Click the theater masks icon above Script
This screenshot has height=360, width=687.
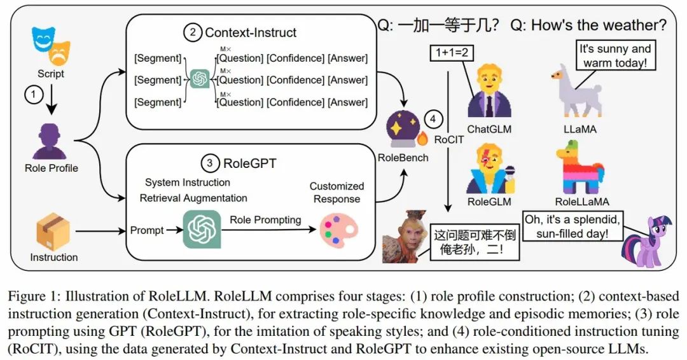(51, 46)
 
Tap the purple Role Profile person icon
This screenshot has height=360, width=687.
(50, 141)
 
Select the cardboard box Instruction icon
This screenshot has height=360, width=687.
(53, 232)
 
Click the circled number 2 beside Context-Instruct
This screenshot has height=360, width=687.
(192, 32)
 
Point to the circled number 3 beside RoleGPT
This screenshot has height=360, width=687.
(210, 163)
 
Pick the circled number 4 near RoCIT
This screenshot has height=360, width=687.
(433, 119)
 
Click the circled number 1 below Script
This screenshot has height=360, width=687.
(34, 94)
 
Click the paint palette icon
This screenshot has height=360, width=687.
(338, 231)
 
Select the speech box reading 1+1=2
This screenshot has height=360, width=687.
(451, 53)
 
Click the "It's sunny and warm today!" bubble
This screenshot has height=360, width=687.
(615, 55)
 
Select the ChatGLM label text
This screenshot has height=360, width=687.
(489, 129)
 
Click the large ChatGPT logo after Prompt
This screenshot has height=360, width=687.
(202, 228)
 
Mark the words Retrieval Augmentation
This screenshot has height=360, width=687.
(193, 198)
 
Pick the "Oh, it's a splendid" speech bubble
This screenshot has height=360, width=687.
(572, 226)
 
